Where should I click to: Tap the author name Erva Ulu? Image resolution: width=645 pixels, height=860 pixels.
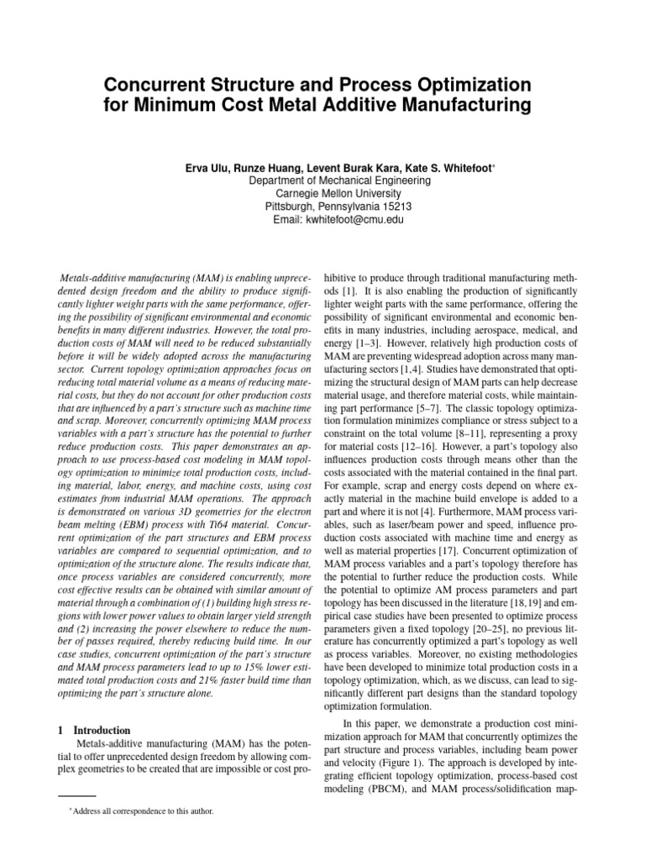coord(207,167)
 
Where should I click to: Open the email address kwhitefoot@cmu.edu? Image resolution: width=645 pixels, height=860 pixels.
coord(352,220)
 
